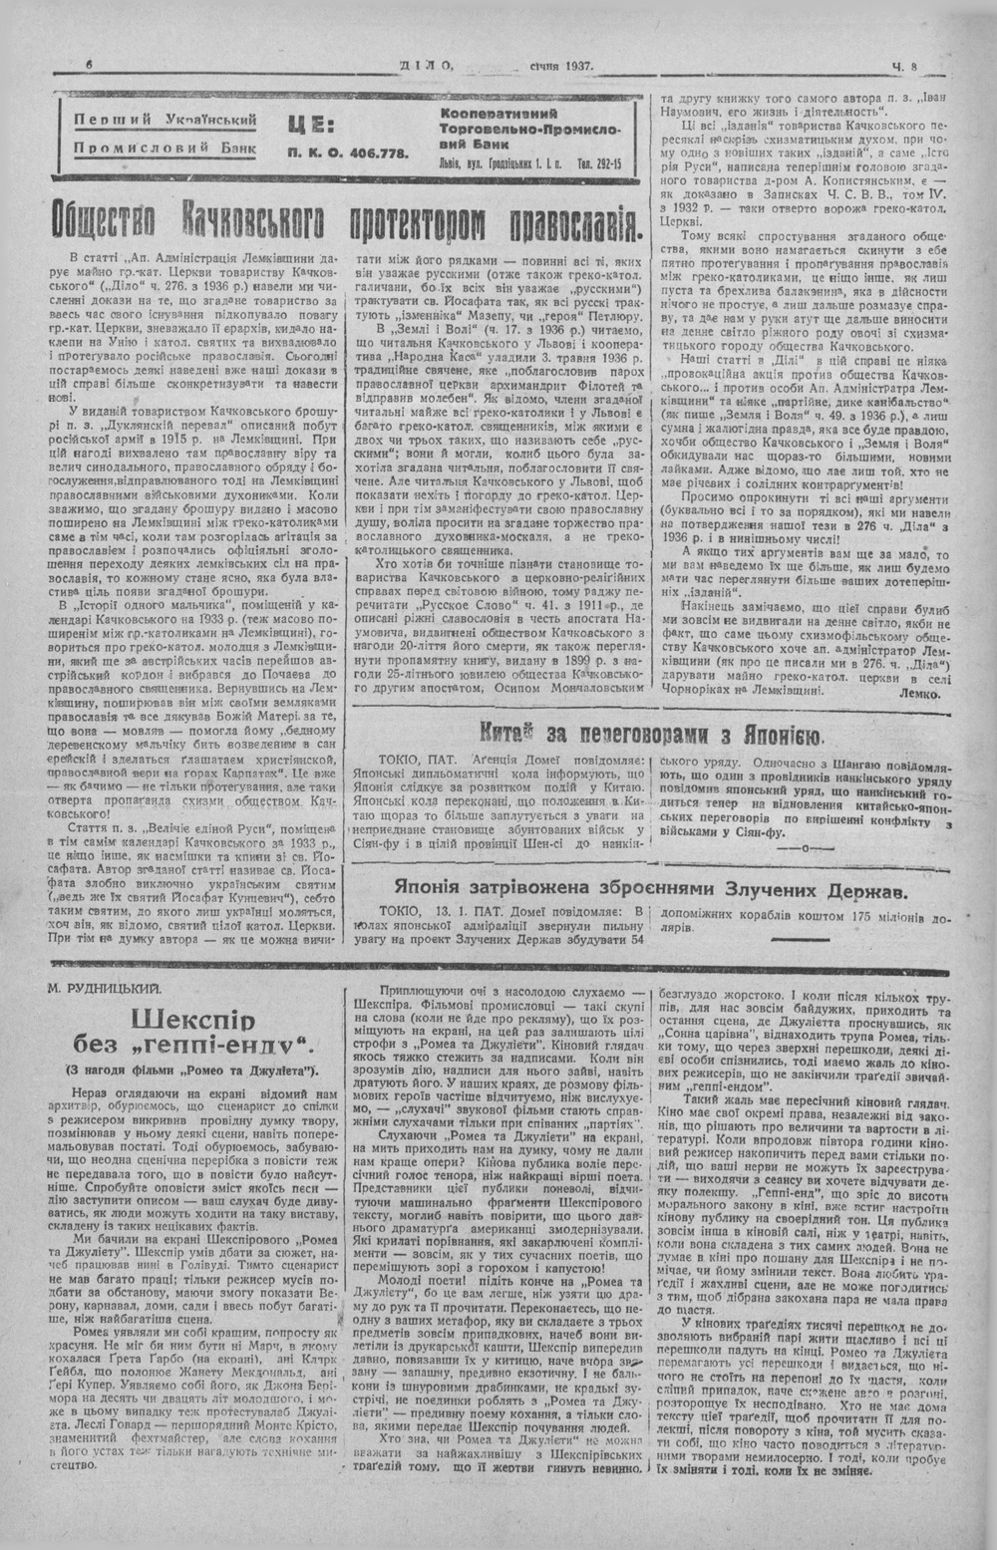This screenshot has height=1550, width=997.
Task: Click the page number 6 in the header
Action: coord(89,65)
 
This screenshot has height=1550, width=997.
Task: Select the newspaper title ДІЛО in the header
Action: coord(426,66)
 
